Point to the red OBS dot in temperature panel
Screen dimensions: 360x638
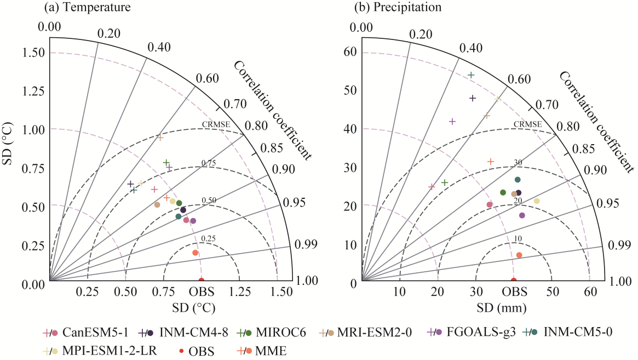point(201,281)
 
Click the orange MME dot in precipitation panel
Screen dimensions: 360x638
point(519,255)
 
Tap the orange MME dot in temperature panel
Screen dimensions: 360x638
point(196,253)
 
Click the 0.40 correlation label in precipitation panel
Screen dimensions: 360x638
point(471,48)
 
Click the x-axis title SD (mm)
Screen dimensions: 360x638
point(496,308)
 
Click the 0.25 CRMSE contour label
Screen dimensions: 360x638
point(208,238)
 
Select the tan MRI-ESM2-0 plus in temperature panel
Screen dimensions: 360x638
point(160,138)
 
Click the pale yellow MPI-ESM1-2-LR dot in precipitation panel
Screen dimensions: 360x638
point(537,201)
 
